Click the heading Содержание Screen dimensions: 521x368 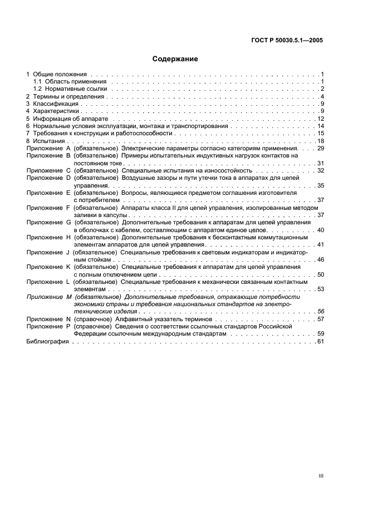[175, 58]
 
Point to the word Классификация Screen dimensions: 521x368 [56, 104]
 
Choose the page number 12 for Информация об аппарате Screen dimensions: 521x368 [320, 119]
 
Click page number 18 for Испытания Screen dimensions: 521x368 [320, 141]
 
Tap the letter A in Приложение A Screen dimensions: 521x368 [68, 149]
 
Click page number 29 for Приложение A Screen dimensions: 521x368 [320, 149]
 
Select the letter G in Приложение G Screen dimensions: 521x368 [68, 222]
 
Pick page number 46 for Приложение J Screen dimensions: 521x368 [320, 259]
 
